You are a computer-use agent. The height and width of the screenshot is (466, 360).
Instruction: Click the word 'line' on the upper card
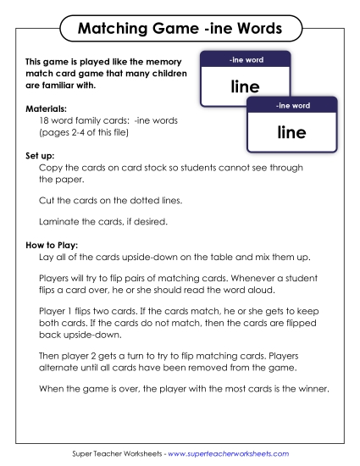244,86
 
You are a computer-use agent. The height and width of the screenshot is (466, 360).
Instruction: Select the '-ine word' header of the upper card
244,60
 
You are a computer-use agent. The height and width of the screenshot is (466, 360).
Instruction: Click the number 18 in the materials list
46,121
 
